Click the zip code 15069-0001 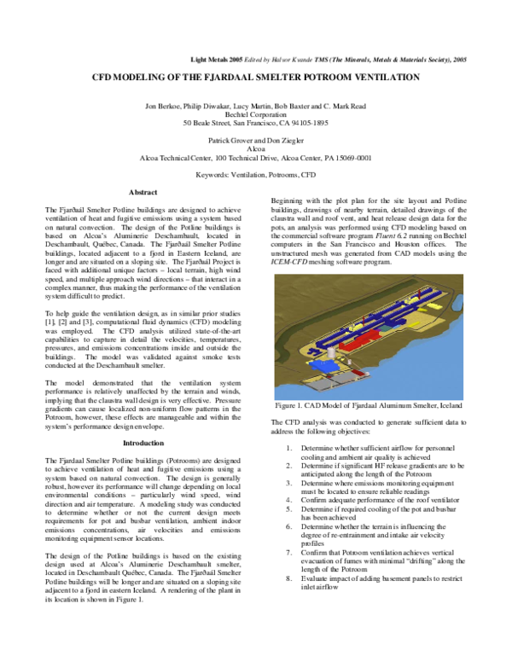352,157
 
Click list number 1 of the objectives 291,447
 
